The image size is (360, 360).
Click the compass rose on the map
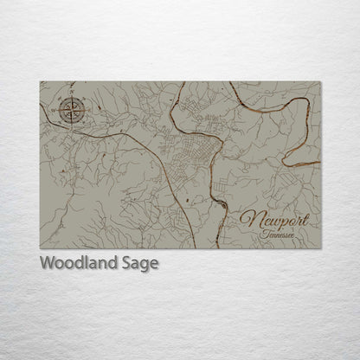[70, 110]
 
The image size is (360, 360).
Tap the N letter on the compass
[71, 97]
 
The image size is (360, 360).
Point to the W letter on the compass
[56, 111]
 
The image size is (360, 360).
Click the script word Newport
[273, 221]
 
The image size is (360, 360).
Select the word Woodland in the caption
[79, 263]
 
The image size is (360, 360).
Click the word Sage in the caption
[140, 264]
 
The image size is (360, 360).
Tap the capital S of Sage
[125, 263]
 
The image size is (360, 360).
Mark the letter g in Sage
[145, 266]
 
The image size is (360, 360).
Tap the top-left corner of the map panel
[40, 81]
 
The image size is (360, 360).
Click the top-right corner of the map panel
[321, 81]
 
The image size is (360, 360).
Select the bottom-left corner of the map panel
[40, 249]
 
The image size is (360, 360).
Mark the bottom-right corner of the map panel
[321, 249]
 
